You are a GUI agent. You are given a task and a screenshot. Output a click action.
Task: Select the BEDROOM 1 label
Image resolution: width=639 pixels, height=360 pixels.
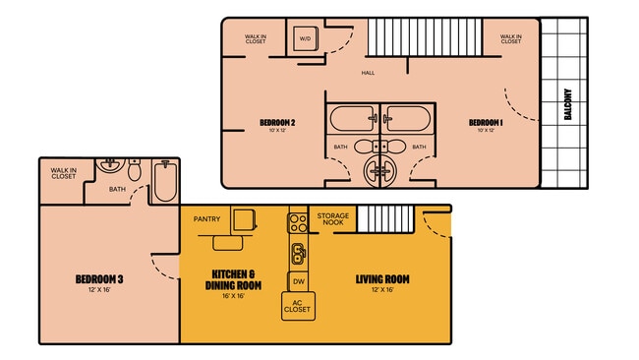(489, 122)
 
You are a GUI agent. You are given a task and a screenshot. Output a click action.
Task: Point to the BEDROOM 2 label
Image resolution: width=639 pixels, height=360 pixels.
(278, 122)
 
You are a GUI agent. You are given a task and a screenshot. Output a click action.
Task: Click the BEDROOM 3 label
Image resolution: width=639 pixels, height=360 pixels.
(98, 280)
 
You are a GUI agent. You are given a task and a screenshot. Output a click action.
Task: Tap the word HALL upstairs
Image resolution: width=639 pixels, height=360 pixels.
(368, 72)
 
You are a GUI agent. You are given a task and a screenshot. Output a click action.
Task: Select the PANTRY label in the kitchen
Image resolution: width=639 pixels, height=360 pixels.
(206, 219)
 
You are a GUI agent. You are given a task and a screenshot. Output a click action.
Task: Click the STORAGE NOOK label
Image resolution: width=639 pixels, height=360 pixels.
(332, 220)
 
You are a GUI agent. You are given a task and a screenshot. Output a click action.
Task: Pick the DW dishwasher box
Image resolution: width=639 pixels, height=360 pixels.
(298, 282)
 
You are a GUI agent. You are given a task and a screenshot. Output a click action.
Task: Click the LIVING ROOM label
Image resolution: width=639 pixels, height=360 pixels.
(382, 279)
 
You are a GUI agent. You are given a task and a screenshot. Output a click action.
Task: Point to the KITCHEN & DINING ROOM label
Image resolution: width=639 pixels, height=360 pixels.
(233, 278)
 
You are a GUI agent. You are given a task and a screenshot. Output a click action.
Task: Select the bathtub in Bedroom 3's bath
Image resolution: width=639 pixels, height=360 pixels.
(164, 182)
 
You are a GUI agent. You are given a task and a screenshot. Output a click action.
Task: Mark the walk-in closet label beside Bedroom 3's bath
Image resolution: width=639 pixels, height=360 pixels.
(64, 174)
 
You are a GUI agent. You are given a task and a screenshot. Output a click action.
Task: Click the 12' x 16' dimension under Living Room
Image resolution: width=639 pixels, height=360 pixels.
(382, 290)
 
